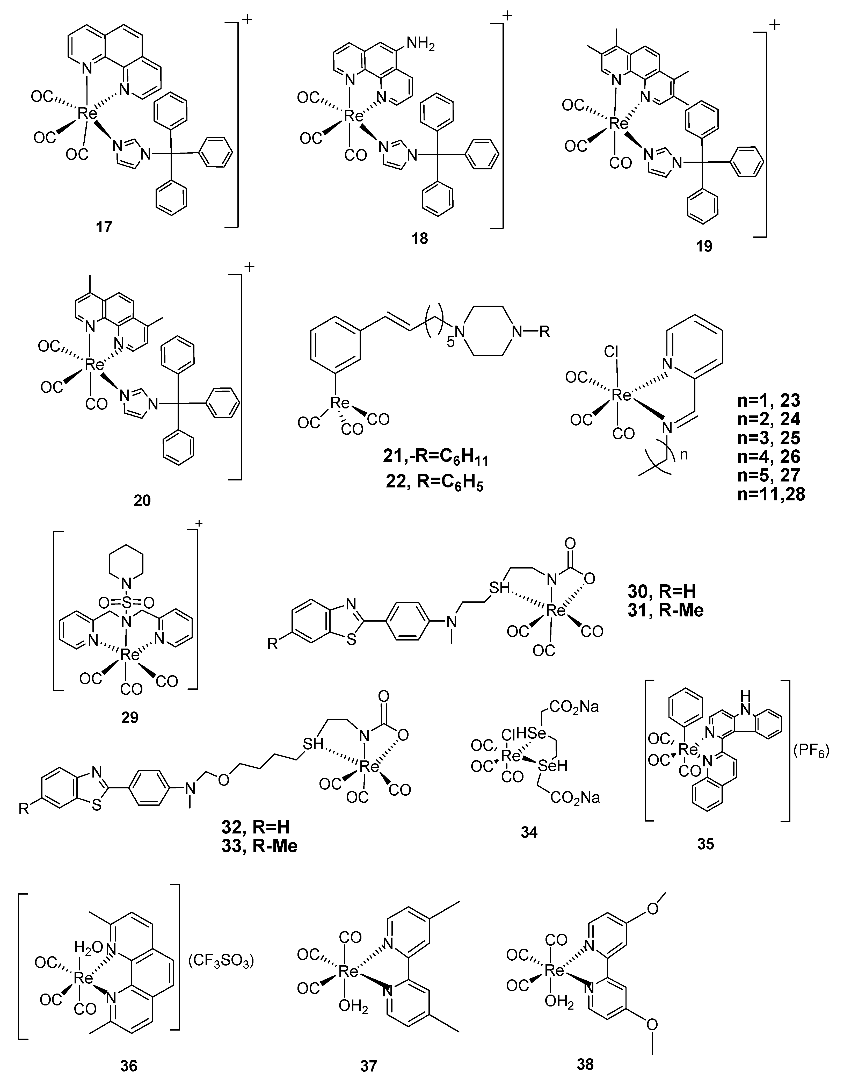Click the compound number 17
(104, 227)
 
